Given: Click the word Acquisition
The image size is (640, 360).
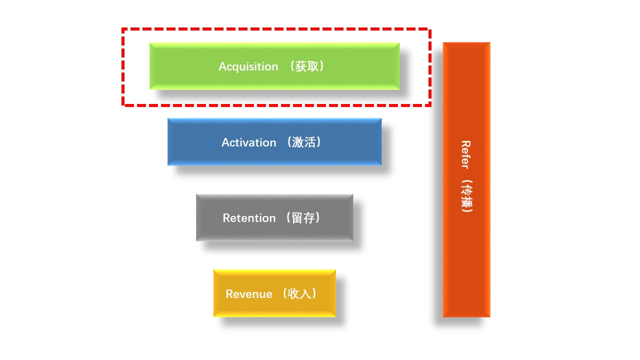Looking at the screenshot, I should (x=248, y=66).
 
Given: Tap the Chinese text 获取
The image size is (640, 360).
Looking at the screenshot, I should (x=306, y=66).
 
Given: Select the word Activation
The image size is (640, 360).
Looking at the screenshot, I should (x=248, y=142).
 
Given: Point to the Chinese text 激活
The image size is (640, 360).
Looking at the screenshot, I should (x=304, y=142).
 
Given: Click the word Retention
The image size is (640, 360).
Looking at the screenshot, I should (x=249, y=218).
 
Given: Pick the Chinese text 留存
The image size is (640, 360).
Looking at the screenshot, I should (x=303, y=218).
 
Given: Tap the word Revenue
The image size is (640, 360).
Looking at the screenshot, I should (x=248, y=294).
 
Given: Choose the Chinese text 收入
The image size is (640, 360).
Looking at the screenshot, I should (x=300, y=294).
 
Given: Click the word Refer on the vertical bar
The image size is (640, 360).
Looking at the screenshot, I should (x=465, y=154).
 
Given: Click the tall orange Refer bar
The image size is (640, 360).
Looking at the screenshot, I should (x=466, y=260).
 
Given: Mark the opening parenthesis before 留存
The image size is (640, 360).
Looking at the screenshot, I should (x=287, y=218).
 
